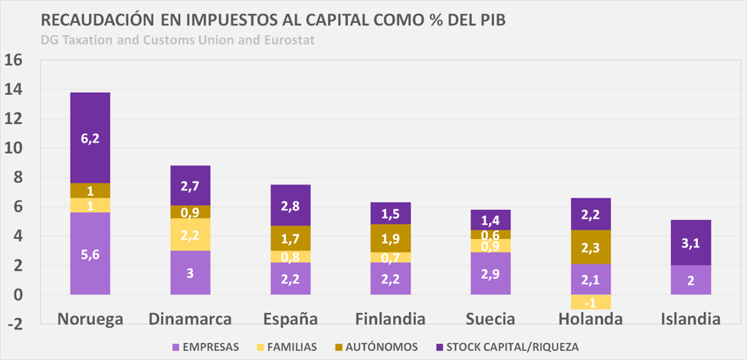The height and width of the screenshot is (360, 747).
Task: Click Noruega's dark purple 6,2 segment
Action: coord(90,138)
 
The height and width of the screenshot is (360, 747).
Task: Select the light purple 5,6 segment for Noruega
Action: coord(90,254)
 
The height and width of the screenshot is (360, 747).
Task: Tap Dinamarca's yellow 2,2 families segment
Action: coord(190,234)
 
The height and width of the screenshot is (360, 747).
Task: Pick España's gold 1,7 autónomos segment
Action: coord(290,238)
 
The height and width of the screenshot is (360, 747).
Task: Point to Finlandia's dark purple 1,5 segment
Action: coord(391,213)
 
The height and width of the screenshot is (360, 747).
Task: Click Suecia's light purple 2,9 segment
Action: coord(490,273)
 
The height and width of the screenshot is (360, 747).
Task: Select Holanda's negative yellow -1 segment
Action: coord(591,302)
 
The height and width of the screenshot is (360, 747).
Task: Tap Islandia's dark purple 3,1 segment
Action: coord(691,243)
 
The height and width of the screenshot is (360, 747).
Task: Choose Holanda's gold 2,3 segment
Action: coord(591,247)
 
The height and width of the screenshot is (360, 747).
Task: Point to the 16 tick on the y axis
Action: coord(15,61)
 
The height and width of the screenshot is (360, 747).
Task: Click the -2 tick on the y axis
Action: coord(15,324)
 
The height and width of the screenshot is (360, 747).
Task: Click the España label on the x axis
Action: coord(290,318)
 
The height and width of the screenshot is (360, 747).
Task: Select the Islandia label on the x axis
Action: coord(691,318)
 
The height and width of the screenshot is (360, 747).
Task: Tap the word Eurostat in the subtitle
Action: coord(288,39)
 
